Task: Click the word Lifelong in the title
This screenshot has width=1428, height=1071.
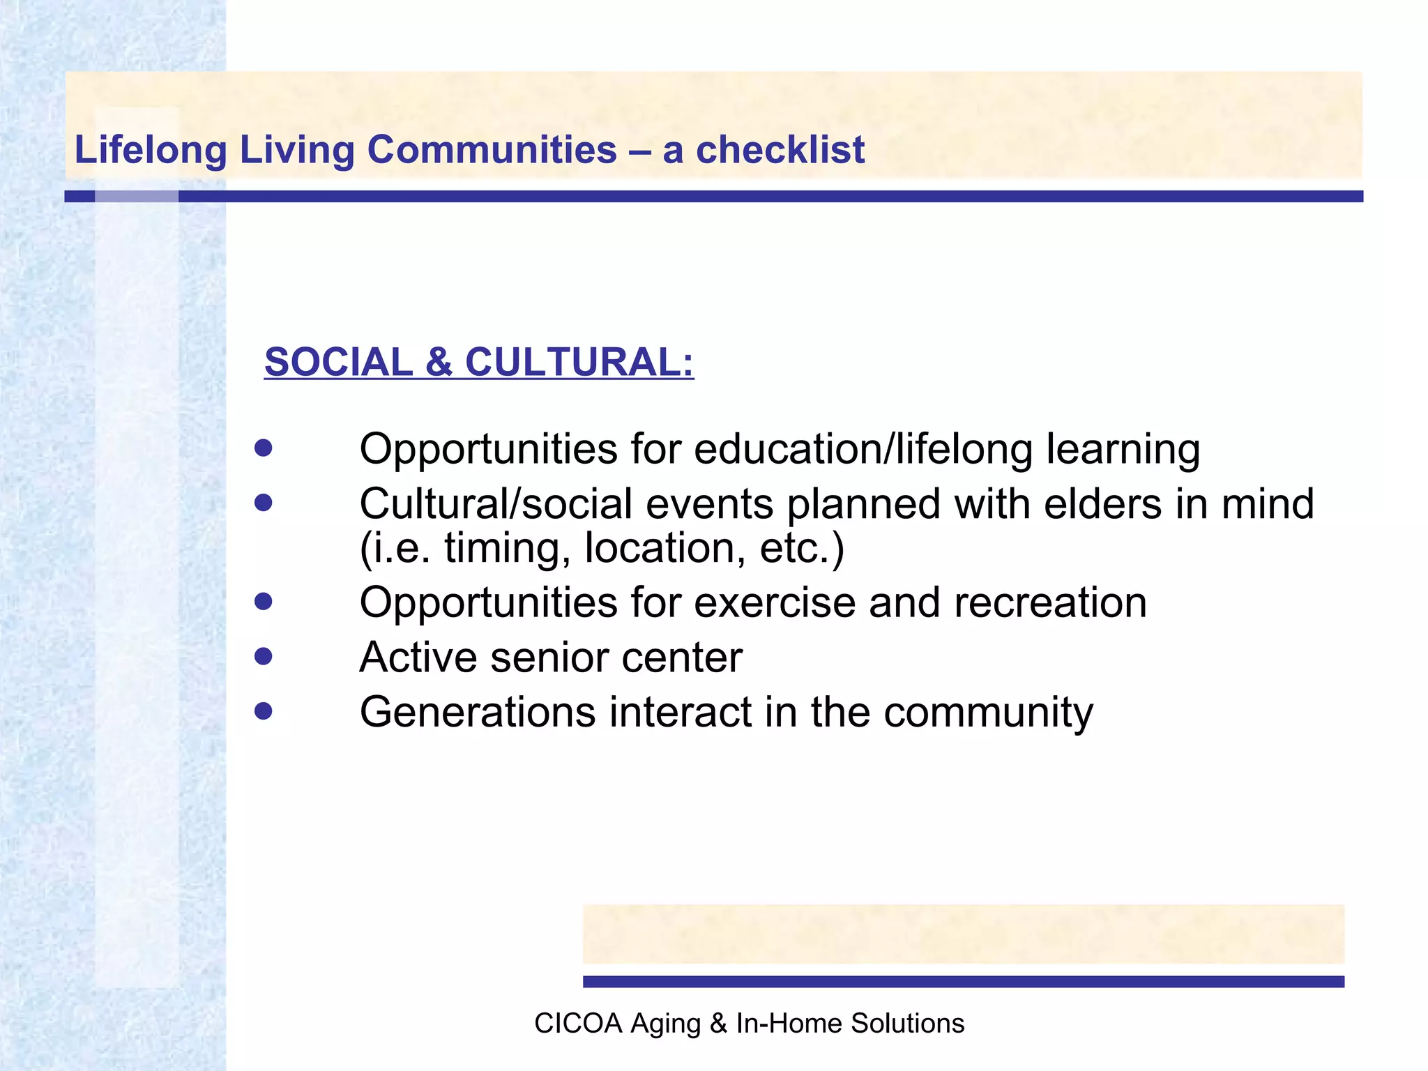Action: (x=151, y=150)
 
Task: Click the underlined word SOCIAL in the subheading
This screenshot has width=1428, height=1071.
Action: (x=339, y=363)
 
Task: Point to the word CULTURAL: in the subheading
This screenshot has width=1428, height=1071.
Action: (x=579, y=363)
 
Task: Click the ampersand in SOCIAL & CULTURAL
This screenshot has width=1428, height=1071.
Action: (x=439, y=363)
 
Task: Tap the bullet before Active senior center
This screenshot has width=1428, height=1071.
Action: (x=263, y=656)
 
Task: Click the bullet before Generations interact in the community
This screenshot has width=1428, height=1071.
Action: (x=263, y=711)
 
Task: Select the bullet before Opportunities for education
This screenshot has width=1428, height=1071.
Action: (x=263, y=447)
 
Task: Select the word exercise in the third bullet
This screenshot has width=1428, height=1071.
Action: (x=775, y=602)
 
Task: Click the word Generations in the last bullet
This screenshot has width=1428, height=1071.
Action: (x=478, y=712)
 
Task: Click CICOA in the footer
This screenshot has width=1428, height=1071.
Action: (x=578, y=1023)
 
